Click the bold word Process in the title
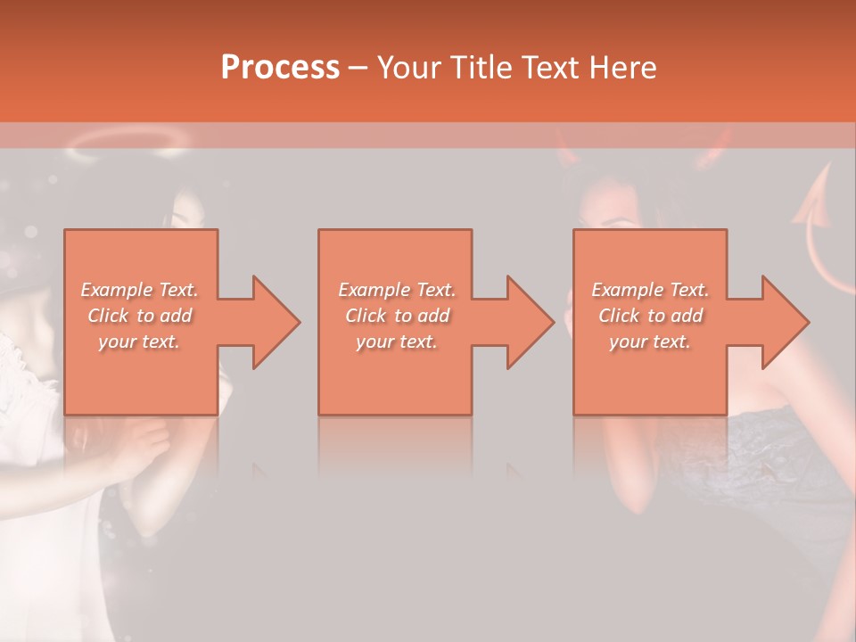click(280, 67)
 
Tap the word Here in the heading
click(623, 67)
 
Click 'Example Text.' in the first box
click(139, 290)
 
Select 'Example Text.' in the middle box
click(397, 290)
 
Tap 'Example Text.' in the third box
click(650, 290)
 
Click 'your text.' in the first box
click(139, 342)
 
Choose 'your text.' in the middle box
click(397, 342)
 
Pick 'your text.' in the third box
click(650, 342)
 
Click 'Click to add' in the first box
click(139, 316)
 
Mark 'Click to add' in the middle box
click(397, 316)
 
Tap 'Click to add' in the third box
click(650, 316)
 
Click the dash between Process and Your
click(358, 67)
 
